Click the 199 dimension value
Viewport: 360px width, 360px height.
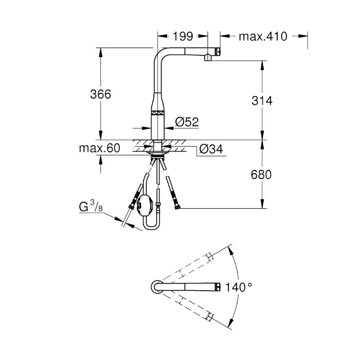[x=183, y=36]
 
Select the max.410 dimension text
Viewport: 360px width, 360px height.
[x=263, y=36]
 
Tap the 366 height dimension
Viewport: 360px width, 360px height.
[x=100, y=94]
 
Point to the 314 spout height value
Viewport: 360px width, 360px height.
[x=262, y=100]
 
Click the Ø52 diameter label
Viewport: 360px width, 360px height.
[x=187, y=121]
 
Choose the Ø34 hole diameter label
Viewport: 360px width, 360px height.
[x=211, y=149]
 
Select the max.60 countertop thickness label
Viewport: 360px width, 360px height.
[x=99, y=148]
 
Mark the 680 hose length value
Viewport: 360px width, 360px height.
[x=261, y=175]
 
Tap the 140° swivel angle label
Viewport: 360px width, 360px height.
[x=239, y=287]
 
